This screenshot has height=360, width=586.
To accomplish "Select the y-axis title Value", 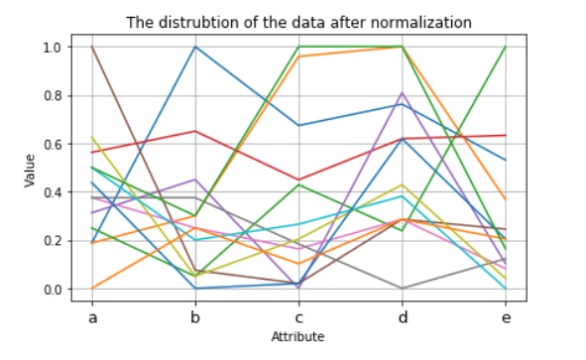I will pos(31,168).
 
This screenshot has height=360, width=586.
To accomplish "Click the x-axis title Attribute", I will pos(298,337).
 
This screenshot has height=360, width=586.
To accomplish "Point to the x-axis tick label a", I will pos(93,316).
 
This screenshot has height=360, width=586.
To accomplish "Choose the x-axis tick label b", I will pos(196,316).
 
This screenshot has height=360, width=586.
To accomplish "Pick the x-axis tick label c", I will pos(299,316).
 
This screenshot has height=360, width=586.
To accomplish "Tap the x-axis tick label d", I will pos(402,316).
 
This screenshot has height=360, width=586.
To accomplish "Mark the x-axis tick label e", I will pos(505,316).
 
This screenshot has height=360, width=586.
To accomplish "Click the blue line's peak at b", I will pos(196,47).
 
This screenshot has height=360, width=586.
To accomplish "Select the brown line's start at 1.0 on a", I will pos(93,47).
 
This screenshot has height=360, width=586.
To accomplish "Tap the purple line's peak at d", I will pos(402,93).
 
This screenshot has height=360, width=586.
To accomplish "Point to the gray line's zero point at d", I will pos(402,289).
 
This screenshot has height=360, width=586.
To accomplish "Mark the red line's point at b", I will pos(196,131).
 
